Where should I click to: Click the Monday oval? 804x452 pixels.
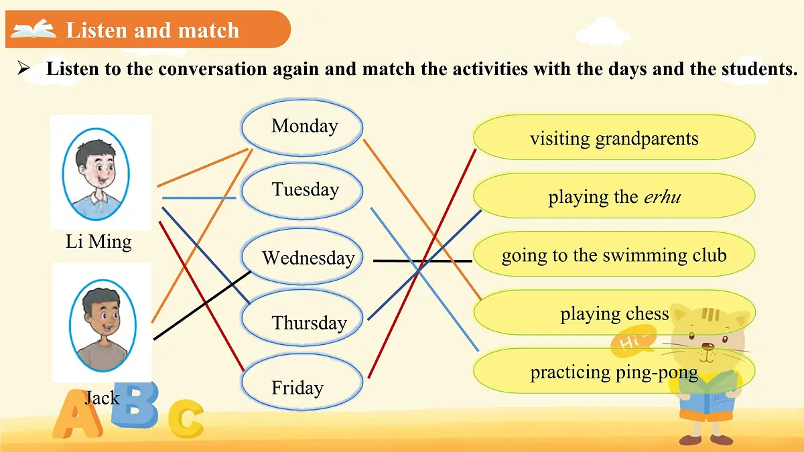point(302,127)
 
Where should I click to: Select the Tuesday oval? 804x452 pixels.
point(302,190)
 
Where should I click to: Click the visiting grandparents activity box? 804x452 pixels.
point(614,138)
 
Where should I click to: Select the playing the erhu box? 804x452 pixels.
point(614,197)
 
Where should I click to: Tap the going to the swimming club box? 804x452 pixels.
point(614,255)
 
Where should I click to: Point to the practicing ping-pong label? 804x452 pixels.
point(614,372)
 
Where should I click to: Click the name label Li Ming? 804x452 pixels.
point(98,242)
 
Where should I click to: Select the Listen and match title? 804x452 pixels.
point(152,30)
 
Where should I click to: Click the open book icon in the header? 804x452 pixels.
point(33,29)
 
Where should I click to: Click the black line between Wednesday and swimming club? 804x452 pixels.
point(422,260)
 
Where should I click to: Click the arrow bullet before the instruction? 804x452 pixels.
point(24,68)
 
